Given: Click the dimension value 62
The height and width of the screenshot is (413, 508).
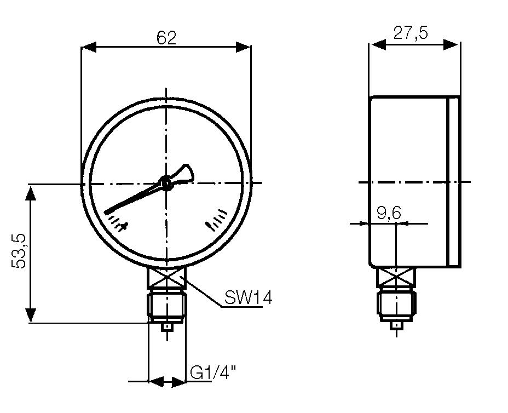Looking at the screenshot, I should click(x=166, y=38).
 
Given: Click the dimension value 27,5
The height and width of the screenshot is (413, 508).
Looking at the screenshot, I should click(x=411, y=33).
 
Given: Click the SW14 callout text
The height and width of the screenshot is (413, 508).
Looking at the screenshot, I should click(x=248, y=298).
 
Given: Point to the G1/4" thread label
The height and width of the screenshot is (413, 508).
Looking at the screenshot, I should click(x=213, y=374).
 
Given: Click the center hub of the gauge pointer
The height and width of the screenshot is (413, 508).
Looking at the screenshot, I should click(x=166, y=183).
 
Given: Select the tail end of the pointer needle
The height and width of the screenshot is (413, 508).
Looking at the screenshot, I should click(x=186, y=173).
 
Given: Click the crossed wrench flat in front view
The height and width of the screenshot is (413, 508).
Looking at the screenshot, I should click(x=167, y=278).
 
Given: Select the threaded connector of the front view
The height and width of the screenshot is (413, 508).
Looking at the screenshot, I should click(x=167, y=305).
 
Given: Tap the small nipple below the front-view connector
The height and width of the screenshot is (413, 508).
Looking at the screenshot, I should click(x=167, y=327).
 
